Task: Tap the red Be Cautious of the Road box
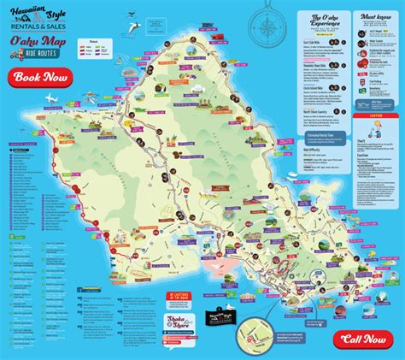(x=138, y=296)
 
